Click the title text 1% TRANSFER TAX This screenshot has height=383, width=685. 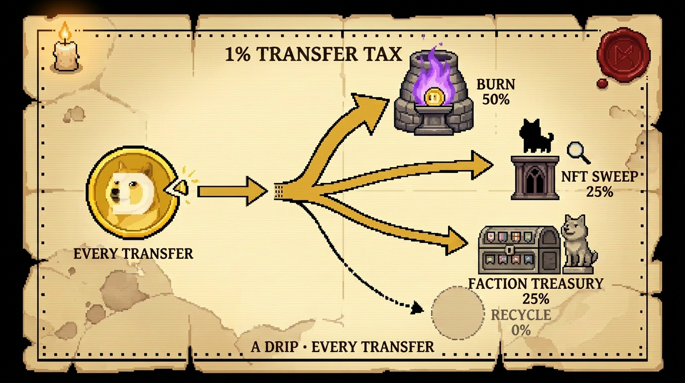click(313, 54)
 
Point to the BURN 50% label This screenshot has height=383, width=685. click(495, 91)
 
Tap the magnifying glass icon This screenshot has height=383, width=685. click(577, 152)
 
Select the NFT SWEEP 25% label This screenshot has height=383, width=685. click(599, 184)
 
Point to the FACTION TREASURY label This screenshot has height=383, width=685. click(536, 284)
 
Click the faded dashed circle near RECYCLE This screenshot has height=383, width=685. click(457, 313)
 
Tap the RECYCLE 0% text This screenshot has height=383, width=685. click(521, 322)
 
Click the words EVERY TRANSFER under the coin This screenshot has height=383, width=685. click(133, 253)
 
